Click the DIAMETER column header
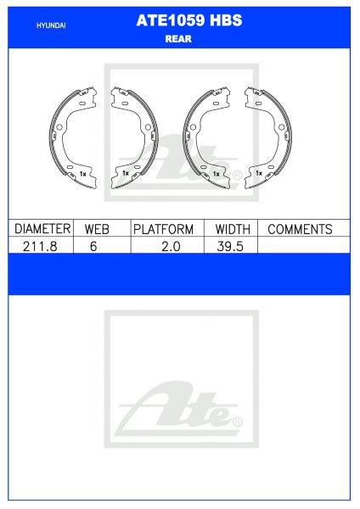point(41,229)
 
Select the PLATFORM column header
point(164,229)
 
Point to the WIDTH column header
point(232,229)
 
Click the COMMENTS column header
point(299,229)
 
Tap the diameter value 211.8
point(41,245)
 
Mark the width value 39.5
point(232,245)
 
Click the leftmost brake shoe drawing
point(68,136)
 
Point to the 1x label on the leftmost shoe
point(82,174)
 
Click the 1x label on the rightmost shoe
point(258,173)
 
